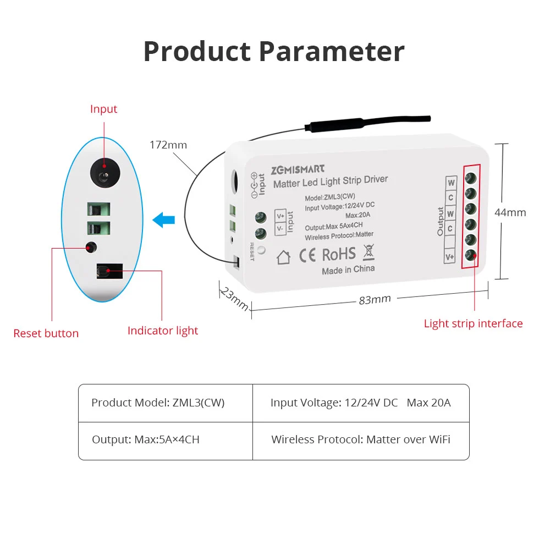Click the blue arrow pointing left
point(163,221)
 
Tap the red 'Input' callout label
point(103,109)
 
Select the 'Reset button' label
point(46,333)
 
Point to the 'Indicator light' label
point(163,331)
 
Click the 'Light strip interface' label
point(473,323)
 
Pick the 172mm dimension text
point(168,145)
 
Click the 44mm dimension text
point(510,212)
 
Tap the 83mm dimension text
point(375,299)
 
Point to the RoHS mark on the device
point(338,254)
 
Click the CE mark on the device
point(307,255)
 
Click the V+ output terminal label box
point(450,256)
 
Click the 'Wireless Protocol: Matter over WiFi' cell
point(361,440)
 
